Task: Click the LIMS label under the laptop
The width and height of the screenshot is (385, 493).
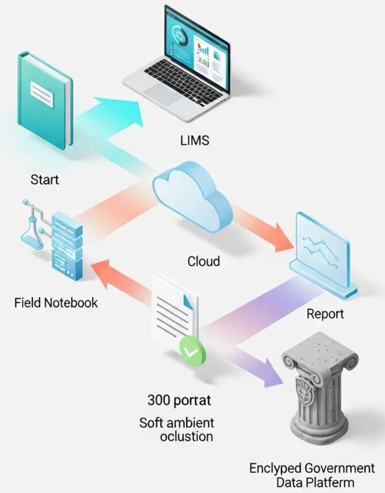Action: coord(195,140)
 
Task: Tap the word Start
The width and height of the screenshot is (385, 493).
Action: coord(44,180)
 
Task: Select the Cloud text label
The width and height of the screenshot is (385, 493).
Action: coord(203,261)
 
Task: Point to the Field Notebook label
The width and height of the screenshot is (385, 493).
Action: coord(56,303)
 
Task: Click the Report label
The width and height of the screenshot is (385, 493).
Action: coord(325,314)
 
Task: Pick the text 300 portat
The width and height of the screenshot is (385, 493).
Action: coord(179,399)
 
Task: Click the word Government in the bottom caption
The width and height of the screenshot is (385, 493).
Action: coord(339,467)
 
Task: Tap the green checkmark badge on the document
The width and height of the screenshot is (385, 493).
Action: coord(191,352)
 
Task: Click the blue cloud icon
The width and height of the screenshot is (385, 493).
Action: coord(191,191)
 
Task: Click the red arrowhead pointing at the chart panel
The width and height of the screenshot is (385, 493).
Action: coord(281,236)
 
